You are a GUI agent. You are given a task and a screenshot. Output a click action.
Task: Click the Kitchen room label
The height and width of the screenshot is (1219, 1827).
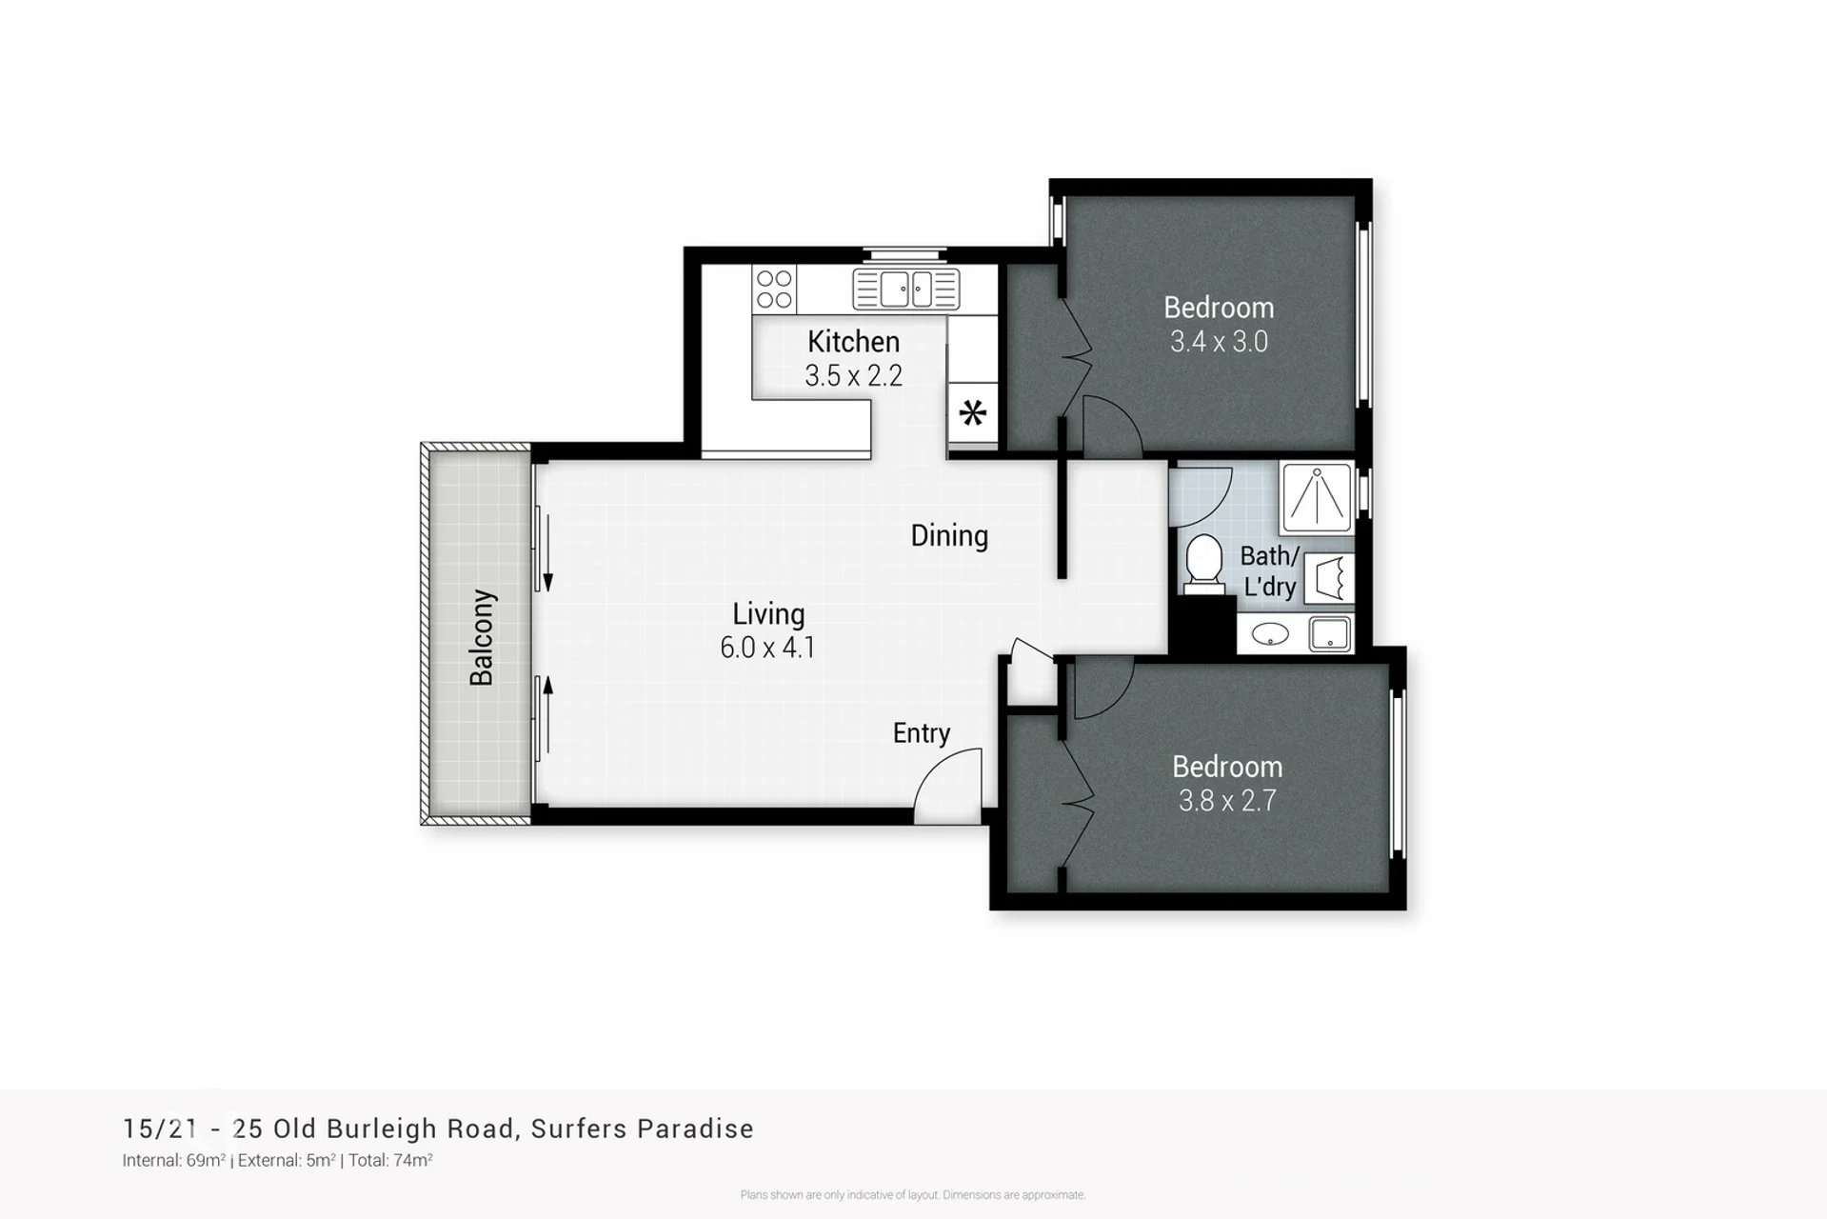click(853, 341)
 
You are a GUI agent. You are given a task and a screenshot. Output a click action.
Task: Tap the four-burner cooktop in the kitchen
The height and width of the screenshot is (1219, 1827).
click(774, 290)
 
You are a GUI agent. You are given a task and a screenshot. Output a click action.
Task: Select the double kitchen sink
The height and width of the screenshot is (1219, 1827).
click(906, 290)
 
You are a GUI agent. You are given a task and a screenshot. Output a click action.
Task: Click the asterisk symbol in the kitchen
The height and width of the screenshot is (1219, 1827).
click(972, 413)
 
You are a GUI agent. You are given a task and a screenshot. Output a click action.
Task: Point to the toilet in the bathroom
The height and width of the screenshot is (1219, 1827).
click(1204, 564)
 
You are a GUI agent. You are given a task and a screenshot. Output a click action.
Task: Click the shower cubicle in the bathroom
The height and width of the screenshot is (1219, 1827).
click(1317, 496)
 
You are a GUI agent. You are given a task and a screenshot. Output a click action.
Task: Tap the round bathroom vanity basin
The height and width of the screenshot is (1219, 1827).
click(1270, 634)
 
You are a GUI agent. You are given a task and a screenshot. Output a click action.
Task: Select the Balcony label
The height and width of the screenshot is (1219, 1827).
click(482, 637)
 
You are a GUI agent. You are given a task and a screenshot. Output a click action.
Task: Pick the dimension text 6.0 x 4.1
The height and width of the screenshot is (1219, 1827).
click(767, 648)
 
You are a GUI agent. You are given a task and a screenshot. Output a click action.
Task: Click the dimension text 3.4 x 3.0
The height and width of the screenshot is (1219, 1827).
click(1219, 342)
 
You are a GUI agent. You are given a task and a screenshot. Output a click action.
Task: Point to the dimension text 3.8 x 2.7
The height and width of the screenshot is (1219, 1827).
click(1227, 801)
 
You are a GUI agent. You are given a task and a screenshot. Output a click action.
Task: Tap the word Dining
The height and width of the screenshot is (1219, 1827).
click(949, 536)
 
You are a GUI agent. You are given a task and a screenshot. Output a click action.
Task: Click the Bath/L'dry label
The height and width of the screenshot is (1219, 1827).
click(1270, 570)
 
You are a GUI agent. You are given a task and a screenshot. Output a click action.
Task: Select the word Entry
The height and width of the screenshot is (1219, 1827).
click(922, 733)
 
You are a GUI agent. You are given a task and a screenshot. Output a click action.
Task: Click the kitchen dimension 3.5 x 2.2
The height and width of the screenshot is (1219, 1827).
click(853, 376)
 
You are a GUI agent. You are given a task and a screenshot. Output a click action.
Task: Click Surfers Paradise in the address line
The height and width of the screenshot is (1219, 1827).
click(643, 1129)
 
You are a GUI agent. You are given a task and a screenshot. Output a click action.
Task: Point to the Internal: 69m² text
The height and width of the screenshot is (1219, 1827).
click(174, 1160)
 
